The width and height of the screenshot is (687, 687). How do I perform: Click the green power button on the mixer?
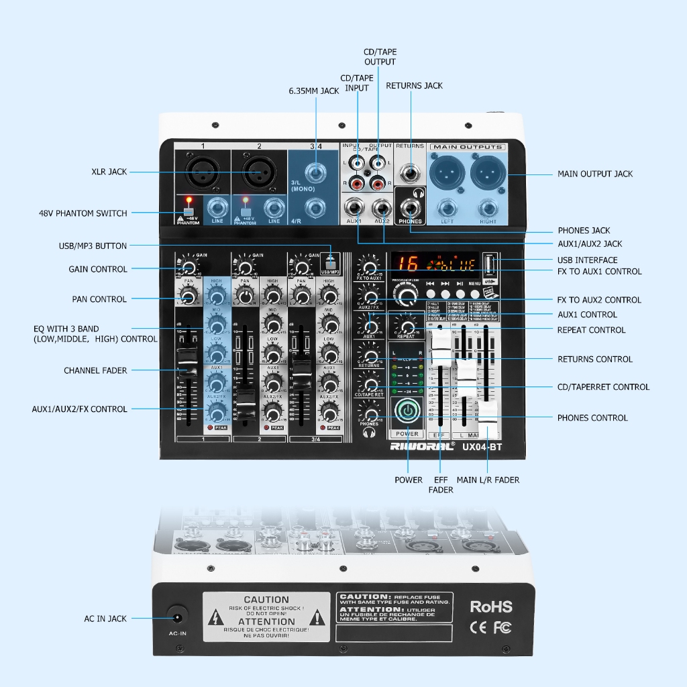[407, 410]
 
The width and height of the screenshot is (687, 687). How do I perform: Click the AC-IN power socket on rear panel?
[178, 618]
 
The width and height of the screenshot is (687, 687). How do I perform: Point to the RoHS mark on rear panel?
[491, 607]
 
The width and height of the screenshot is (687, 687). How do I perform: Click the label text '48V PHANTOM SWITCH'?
[83, 213]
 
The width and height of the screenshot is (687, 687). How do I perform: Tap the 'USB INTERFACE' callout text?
[587, 260]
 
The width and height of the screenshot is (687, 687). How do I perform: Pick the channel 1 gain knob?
[189, 268]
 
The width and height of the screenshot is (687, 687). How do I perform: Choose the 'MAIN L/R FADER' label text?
[488, 480]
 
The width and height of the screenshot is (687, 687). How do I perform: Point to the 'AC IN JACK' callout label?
[105, 619]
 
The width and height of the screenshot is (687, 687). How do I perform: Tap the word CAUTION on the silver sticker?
[266, 600]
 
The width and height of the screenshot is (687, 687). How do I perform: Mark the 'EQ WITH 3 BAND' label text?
[66, 329]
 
